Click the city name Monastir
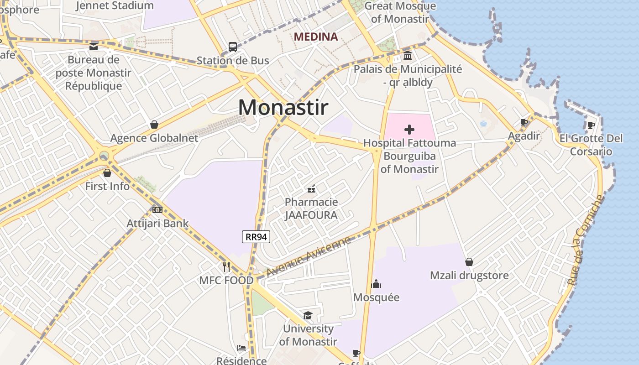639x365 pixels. click(x=283, y=108)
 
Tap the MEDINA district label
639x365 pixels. click(x=316, y=37)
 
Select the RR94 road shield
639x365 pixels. click(x=256, y=236)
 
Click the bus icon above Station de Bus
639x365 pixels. click(x=232, y=47)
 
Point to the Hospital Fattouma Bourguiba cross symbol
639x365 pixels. click(x=409, y=129)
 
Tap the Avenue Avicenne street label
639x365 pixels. click(x=309, y=257)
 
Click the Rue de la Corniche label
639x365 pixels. click(x=586, y=240)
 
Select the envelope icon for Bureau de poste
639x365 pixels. click(x=94, y=46)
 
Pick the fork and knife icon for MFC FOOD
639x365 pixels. click(x=226, y=266)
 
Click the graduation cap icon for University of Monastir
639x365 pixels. click(x=308, y=315)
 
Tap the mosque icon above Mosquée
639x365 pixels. click(x=376, y=284)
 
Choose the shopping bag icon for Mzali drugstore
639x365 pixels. click(x=469, y=262)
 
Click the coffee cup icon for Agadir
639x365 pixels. click(x=524, y=122)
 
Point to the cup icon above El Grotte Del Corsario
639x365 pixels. click(x=591, y=125)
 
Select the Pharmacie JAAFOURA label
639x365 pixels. click(x=311, y=209)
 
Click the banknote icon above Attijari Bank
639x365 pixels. click(x=157, y=210)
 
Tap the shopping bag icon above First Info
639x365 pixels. click(x=107, y=173)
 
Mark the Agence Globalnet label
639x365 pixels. click(x=154, y=138)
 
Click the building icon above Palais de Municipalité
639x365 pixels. click(x=408, y=56)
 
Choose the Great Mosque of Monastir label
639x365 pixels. click(x=400, y=12)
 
